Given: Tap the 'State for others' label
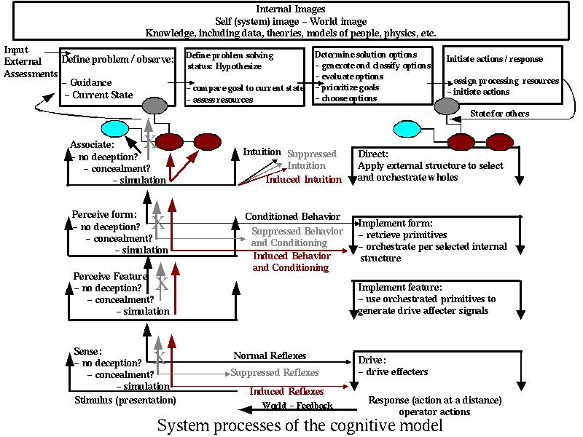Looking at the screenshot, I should (x=501, y=114).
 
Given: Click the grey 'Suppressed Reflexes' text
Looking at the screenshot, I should (x=275, y=373).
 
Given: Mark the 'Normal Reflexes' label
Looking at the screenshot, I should (x=270, y=356).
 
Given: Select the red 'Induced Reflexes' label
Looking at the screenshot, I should (x=286, y=392).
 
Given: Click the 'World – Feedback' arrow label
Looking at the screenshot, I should (x=297, y=406).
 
